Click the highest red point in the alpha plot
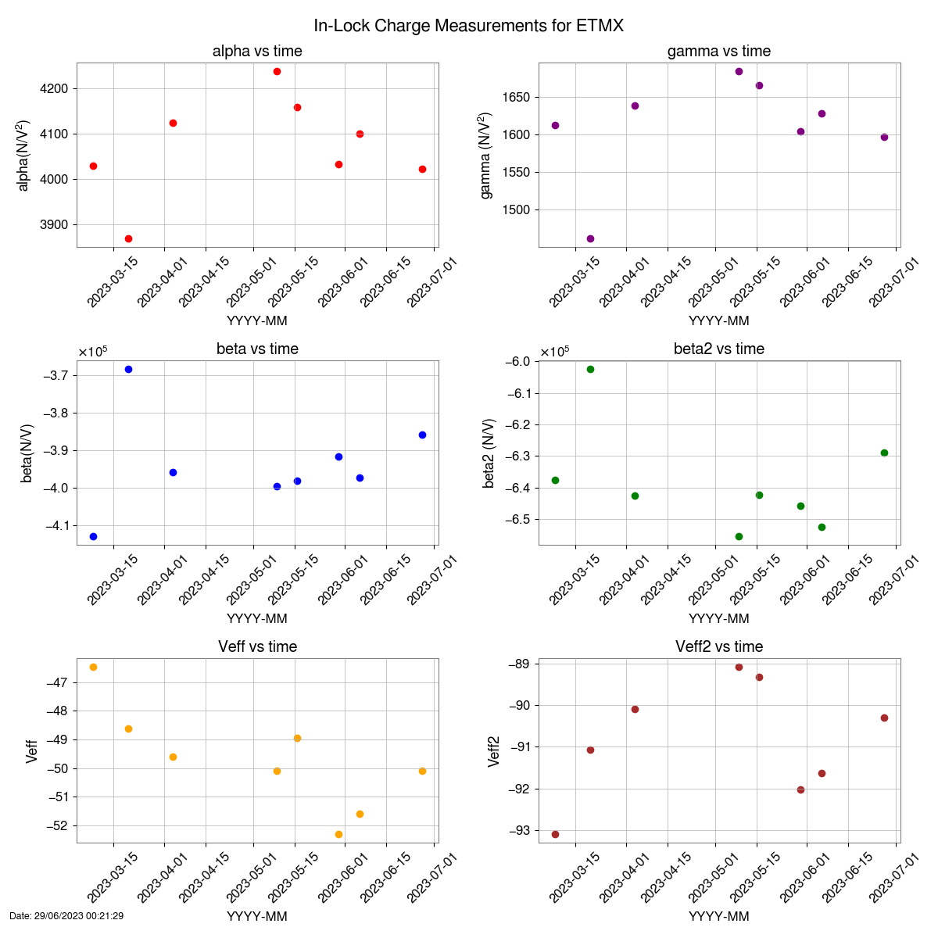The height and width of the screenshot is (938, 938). (277, 71)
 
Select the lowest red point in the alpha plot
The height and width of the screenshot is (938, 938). (128, 238)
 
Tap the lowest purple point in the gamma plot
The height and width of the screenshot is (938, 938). (590, 238)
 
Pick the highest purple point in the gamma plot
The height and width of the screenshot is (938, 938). (739, 71)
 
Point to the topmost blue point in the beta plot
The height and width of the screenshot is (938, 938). (128, 369)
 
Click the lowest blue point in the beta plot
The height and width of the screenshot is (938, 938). (93, 536)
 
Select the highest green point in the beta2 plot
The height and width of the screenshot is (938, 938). (590, 369)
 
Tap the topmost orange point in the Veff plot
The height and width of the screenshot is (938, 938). (93, 667)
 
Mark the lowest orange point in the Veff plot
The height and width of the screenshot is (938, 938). (338, 834)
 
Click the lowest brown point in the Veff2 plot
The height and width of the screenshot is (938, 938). (555, 834)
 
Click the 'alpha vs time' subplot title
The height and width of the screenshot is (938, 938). (257, 52)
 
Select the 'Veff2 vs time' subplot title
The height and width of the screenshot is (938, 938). (719, 647)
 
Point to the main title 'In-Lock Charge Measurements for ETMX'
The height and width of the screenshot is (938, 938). (469, 26)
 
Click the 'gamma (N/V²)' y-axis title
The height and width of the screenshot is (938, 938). (486, 155)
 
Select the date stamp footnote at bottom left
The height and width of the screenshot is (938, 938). (66, 915)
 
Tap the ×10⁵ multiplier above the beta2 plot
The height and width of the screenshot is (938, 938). (555, 352)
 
